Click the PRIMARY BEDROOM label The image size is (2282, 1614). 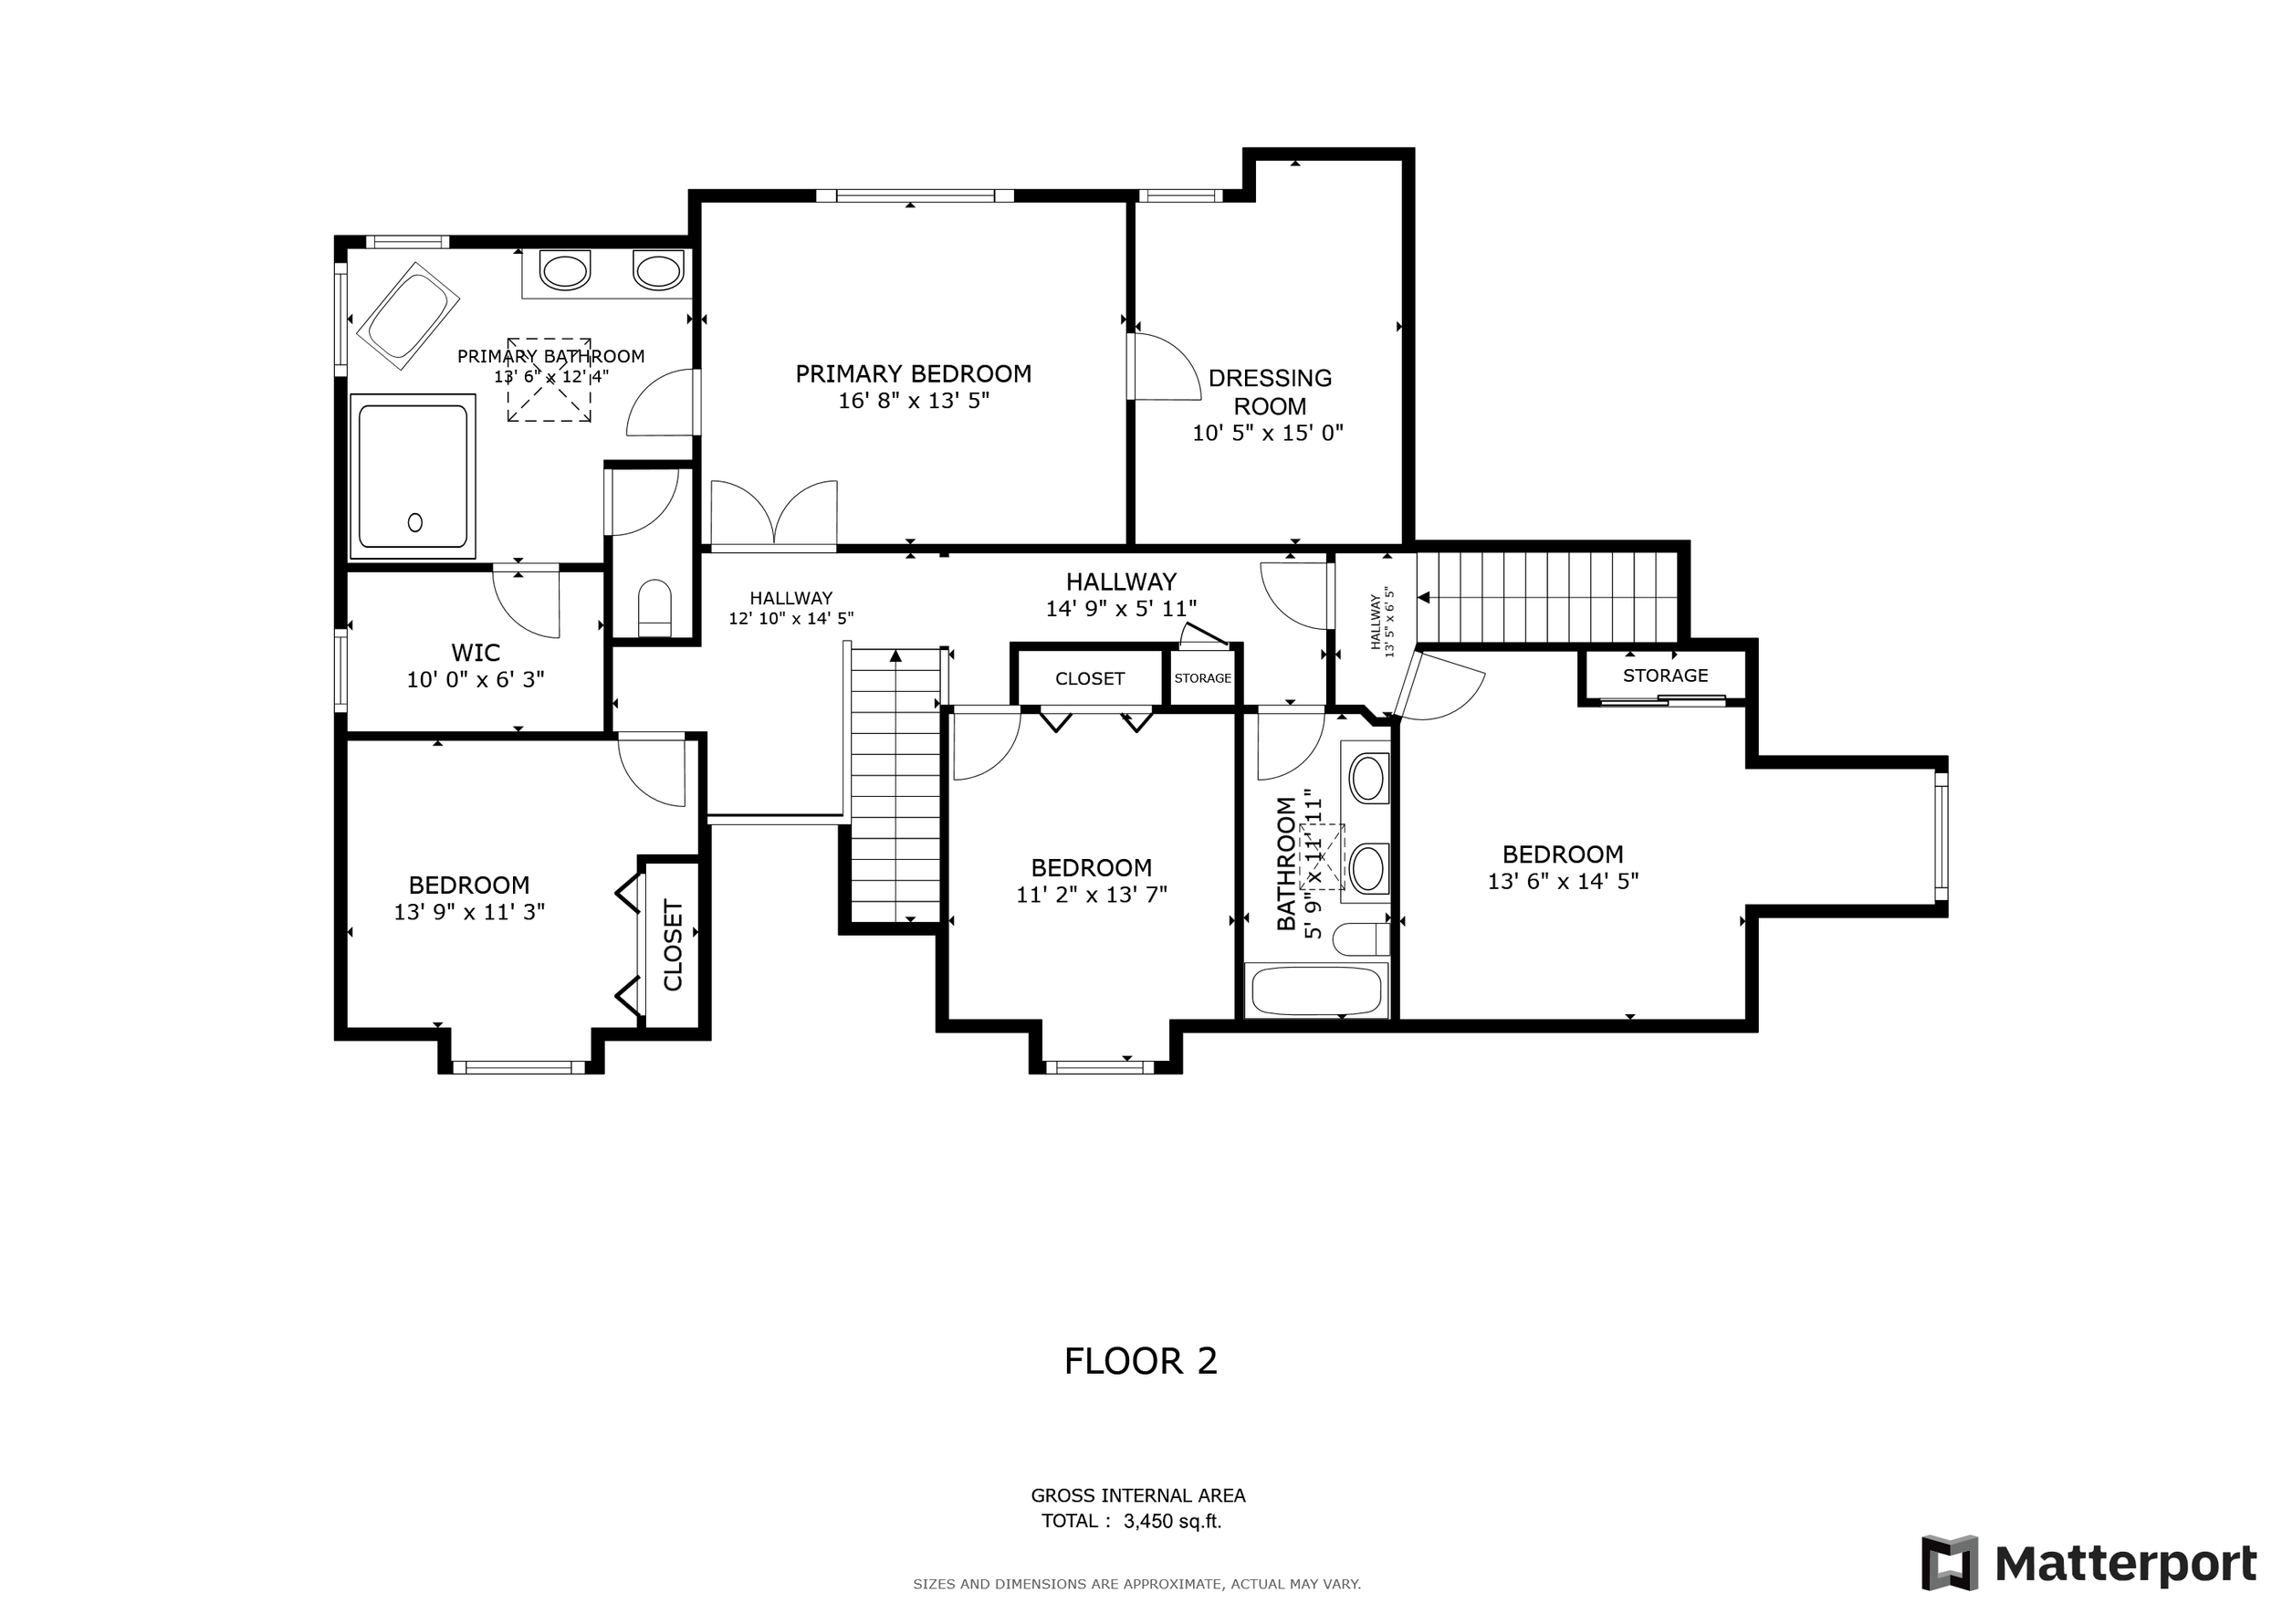(914, 373)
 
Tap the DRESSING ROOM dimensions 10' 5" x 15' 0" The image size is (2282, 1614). (1268, 433)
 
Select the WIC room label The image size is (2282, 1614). (475, 653)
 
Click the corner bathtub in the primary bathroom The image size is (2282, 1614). (407, 316)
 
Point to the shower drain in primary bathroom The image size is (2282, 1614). (415, 522)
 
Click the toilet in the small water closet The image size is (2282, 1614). (654, 608)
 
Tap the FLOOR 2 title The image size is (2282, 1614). (1140, 1360)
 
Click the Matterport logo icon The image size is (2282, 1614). (1949, 1563)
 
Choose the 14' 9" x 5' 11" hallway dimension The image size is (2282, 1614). (1121, 608)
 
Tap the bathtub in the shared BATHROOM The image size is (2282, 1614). (1316, 990)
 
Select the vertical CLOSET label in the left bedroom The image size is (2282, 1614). (673, 945)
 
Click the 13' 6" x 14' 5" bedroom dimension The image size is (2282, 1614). (1563, 881)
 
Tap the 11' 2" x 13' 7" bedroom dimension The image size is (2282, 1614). (1092, 895)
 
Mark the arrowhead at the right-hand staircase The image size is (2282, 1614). (1423, 597)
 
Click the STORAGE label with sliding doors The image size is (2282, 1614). (1665, 676)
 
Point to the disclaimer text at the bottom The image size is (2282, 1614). (1137, 1584)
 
